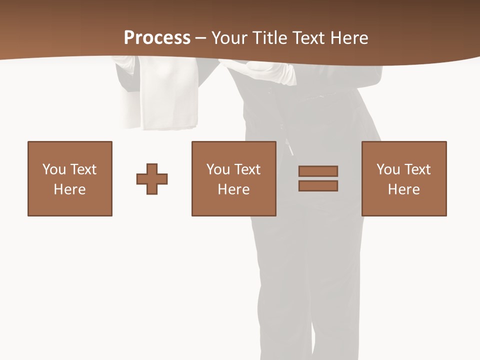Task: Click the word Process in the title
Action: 157,38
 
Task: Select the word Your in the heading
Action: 230,38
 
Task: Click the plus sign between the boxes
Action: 152,179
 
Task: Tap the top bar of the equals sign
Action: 318,171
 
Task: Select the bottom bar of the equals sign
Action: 318,185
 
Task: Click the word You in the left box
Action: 54,169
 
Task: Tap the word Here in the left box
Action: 70,189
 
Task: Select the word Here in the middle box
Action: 234,189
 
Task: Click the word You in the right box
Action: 388,169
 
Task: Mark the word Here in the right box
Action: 404,189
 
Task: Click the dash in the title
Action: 200,38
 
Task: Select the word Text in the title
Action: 307,38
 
